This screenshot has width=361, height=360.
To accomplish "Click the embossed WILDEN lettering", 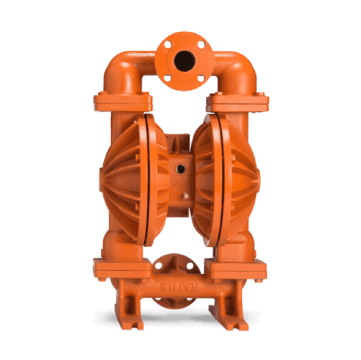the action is [179, 287].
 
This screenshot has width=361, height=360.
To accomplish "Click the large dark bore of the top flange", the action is [184, 61].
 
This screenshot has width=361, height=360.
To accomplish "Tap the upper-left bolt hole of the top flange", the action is [167, 44].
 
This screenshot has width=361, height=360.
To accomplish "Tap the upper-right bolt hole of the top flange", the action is [201, 45].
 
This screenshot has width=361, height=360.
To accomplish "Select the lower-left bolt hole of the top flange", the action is [167, 78].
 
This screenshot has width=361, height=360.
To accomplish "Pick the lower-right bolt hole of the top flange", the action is [201, 78].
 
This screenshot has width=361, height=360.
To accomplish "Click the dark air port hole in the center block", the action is [181, 169].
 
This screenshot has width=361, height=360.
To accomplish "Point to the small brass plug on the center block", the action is [185, 196].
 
